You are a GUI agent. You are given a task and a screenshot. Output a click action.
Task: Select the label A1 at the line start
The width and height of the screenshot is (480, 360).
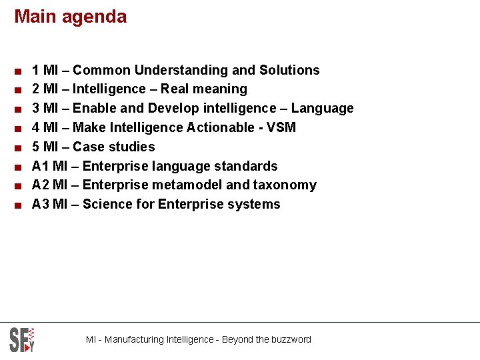point(40,166)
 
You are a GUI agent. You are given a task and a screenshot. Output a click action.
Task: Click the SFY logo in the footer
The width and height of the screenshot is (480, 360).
point(22,339)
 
